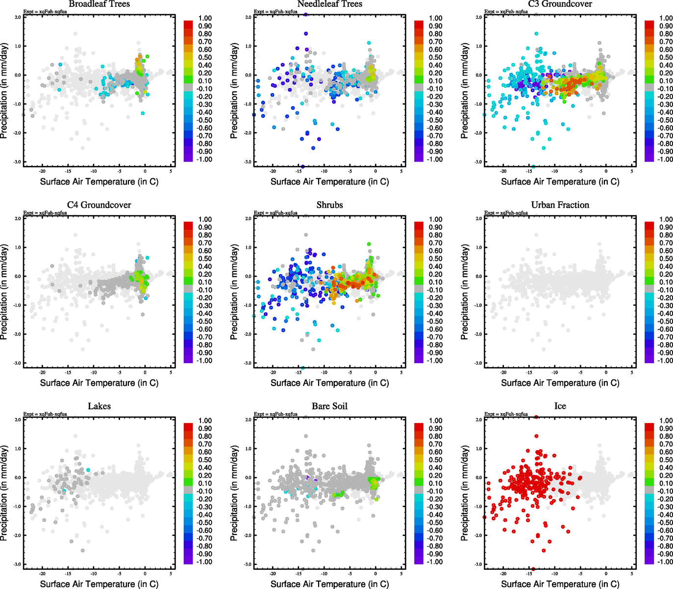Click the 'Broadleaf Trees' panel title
click(x=99, y=4)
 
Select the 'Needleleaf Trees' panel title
click(x=329, y=4)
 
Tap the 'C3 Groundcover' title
click(x=560, y=4)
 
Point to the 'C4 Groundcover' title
click(x=99, y=205)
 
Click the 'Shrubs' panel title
click(x=329, y=205)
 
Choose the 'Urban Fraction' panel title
click(x=560, y=205)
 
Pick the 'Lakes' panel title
click(x=99, y=406)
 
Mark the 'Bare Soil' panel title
click(x=329, y=406)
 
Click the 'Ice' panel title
click(x=560, y=406)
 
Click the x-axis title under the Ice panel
click(x=560, y=584)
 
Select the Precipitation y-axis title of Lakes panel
click(x=4, y=493)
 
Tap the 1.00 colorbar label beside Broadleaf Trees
click(x=205, y=18)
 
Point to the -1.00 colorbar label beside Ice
click(x=665, y=562)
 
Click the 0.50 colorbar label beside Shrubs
click(x=435, y=259)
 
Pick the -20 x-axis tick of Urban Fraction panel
click(x=503, y=373)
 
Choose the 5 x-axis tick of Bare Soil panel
click(x=401, y=574)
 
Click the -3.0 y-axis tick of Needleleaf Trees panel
click(x=248, y=162)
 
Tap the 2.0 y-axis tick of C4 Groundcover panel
click(x=18, y=218)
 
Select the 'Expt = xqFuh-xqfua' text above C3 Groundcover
click(x=506, y=12)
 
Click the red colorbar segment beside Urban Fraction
click(x=649, y=225)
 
